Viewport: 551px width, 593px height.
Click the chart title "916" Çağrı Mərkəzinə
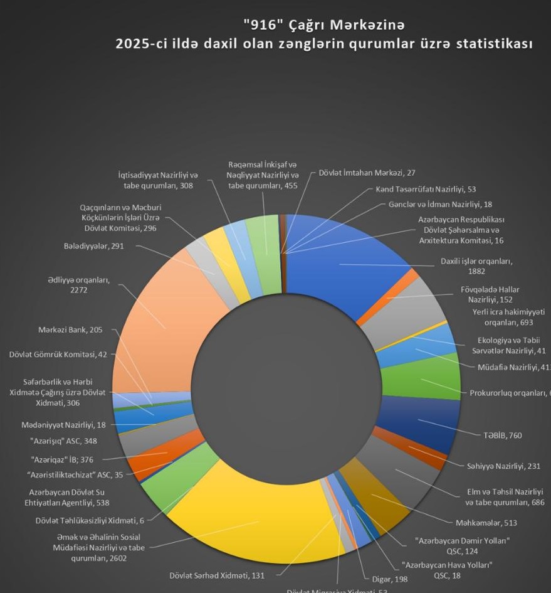pyautogui.click(x=323, y=25)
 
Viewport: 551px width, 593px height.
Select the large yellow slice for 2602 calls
pyautogui.click(x=251, y=521)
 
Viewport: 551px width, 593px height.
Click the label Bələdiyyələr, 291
pyautogui.click(x=93, y=246)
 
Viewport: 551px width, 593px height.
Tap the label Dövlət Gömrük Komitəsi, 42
pyautogui.click(x=58, y=355)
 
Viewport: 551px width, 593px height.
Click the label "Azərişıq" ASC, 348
pyautogui.click(x=63, y=441)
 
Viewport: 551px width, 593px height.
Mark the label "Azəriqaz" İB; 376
pyautogui.click(x=62, y=459)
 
